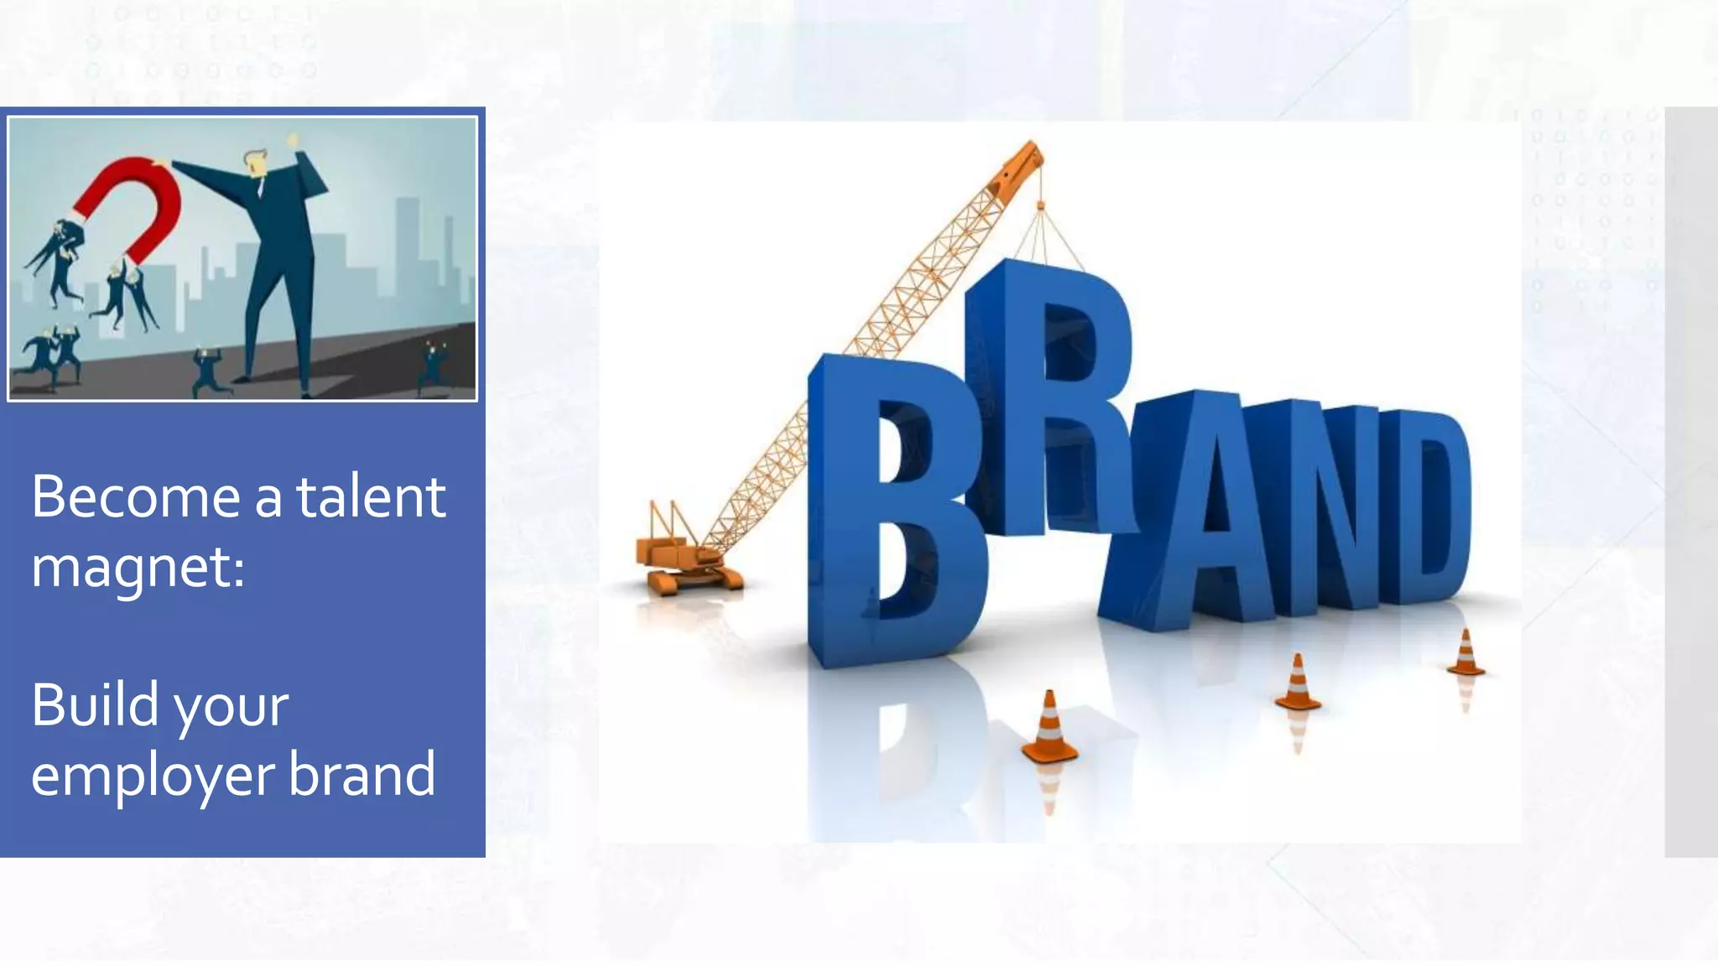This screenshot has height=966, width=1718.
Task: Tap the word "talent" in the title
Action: tap(370, 497)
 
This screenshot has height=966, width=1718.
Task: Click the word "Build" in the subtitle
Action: tap(95, 704)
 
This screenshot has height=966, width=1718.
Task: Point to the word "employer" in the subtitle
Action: tap(152, 776)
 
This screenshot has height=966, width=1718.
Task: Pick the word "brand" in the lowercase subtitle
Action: tap(362, 774)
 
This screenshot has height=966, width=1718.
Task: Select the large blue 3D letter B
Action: tap(889, 512)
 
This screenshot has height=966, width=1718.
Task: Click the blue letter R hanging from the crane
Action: tap(1049, 394)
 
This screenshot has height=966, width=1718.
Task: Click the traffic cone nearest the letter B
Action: tap(1049, 729)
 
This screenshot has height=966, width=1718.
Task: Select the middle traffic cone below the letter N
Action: tap(1297, 683)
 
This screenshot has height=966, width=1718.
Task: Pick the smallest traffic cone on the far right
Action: tap(1466, 653)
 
